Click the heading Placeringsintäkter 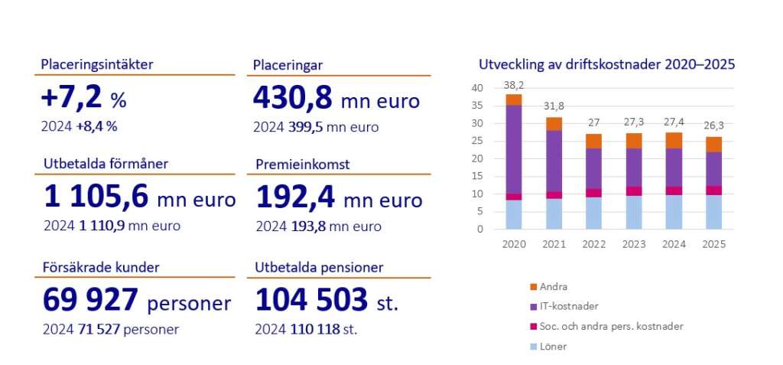coord(97,64)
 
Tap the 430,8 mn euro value coord(336,99)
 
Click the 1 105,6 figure coord(96,198)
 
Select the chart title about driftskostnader coord(606,64)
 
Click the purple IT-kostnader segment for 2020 coord(514,149)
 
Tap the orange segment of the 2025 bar coord(713,144)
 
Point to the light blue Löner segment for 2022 coord(593,213)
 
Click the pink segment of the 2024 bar coord(674,191)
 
